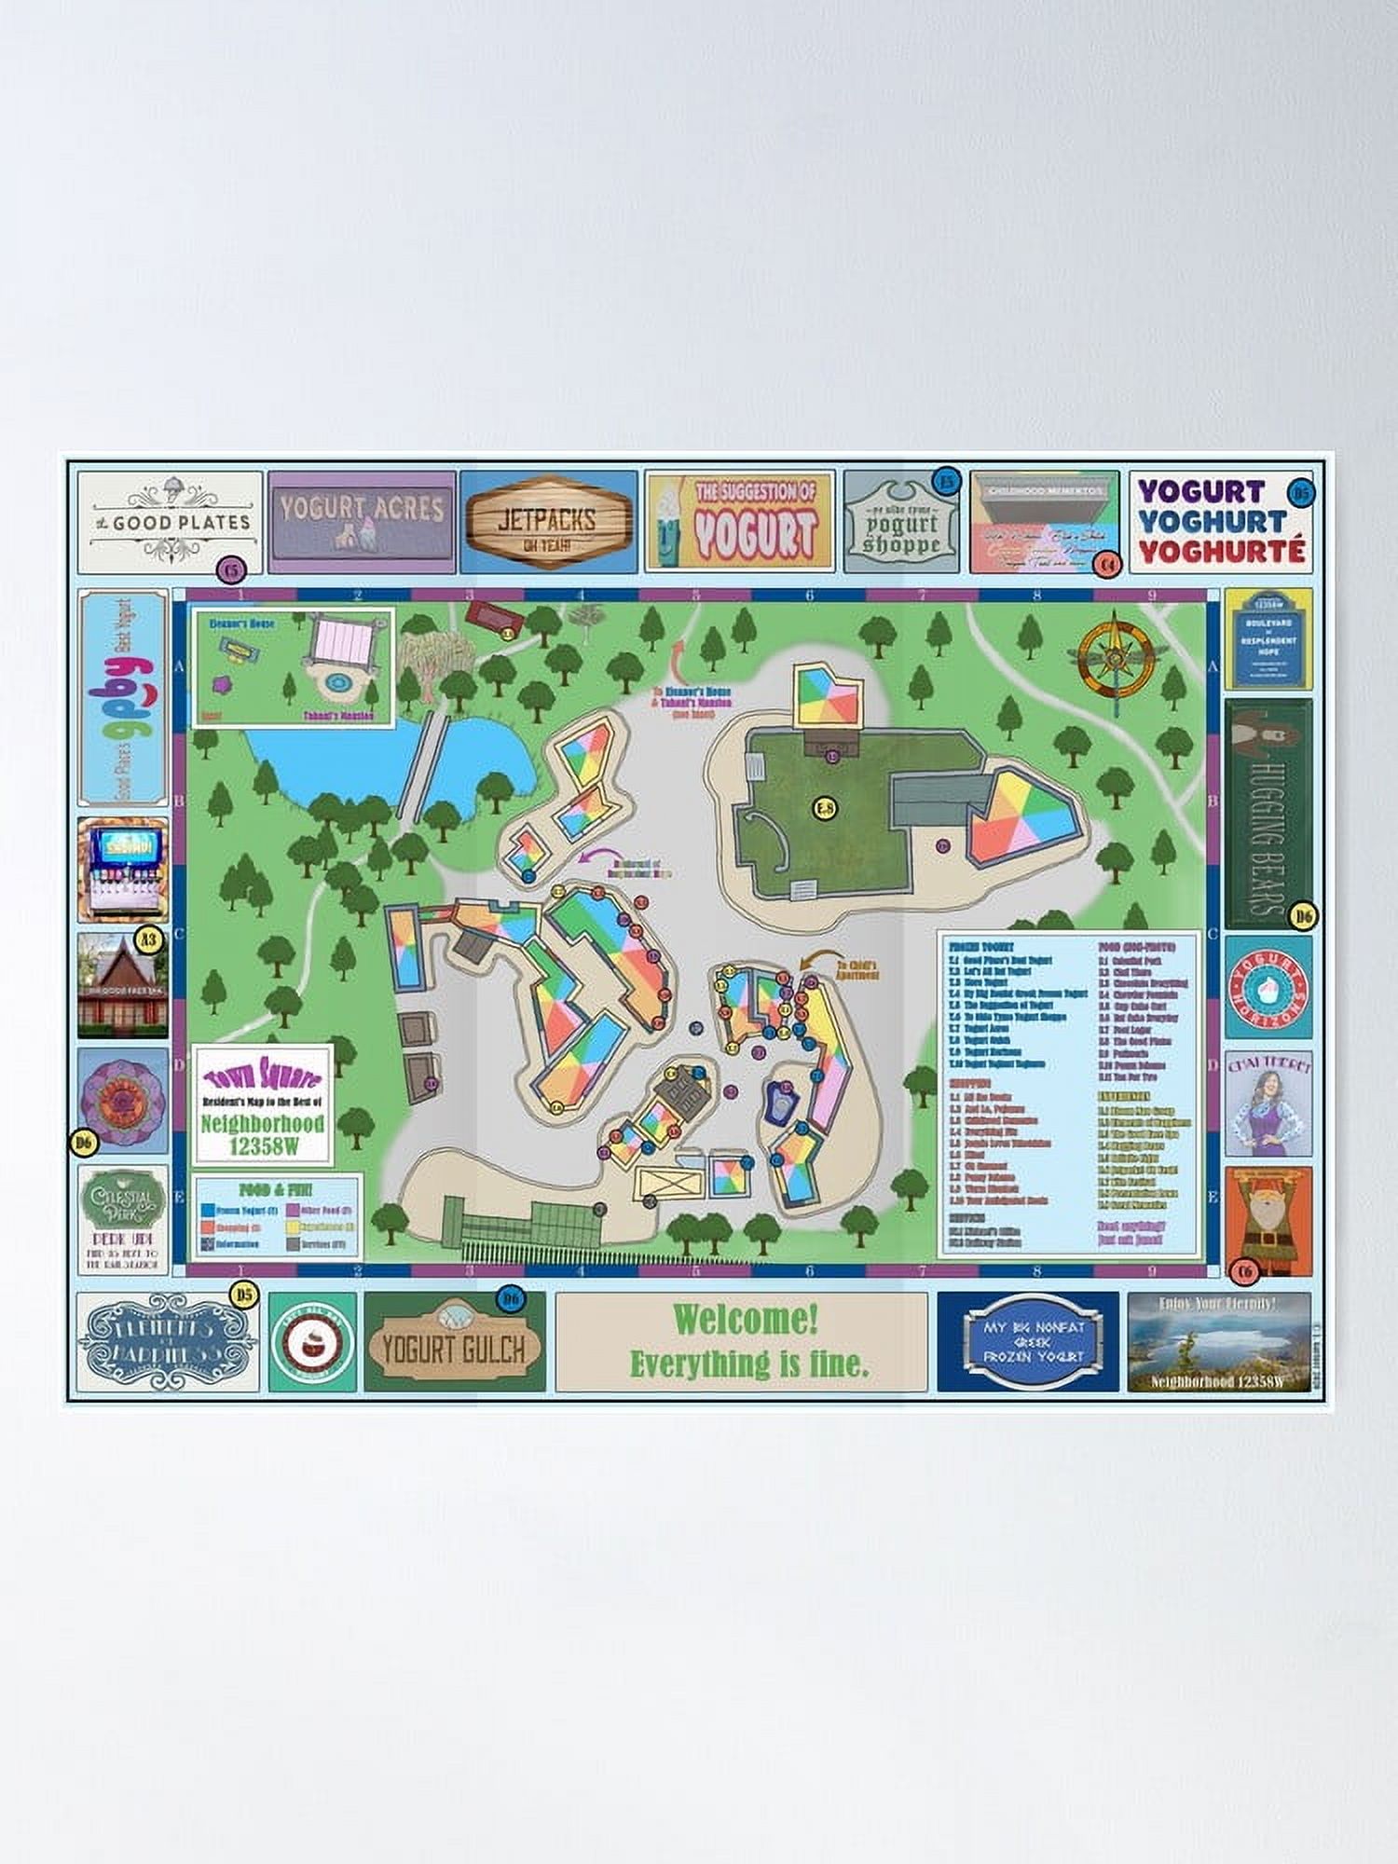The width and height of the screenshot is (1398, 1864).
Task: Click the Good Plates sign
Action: [x=170, y=522]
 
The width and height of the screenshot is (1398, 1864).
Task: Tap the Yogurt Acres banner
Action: [x=362, y=521]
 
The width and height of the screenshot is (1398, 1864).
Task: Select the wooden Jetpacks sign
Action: [x=548, y=523]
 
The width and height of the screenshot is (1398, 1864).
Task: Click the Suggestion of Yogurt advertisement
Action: [x=740, y=521]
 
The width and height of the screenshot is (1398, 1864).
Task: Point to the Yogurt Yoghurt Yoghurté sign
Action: [x=1221, y=521]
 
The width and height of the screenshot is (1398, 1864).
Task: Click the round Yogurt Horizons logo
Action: [x=1268, y=986]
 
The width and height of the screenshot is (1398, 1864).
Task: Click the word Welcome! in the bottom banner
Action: [x=746, y=1319]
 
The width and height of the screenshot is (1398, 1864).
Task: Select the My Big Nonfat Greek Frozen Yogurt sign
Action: [x=1028, y=1341]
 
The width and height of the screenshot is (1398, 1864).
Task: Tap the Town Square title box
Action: [x=263, y=1103]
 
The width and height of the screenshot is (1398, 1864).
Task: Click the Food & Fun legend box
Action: [x=276, y=1216]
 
